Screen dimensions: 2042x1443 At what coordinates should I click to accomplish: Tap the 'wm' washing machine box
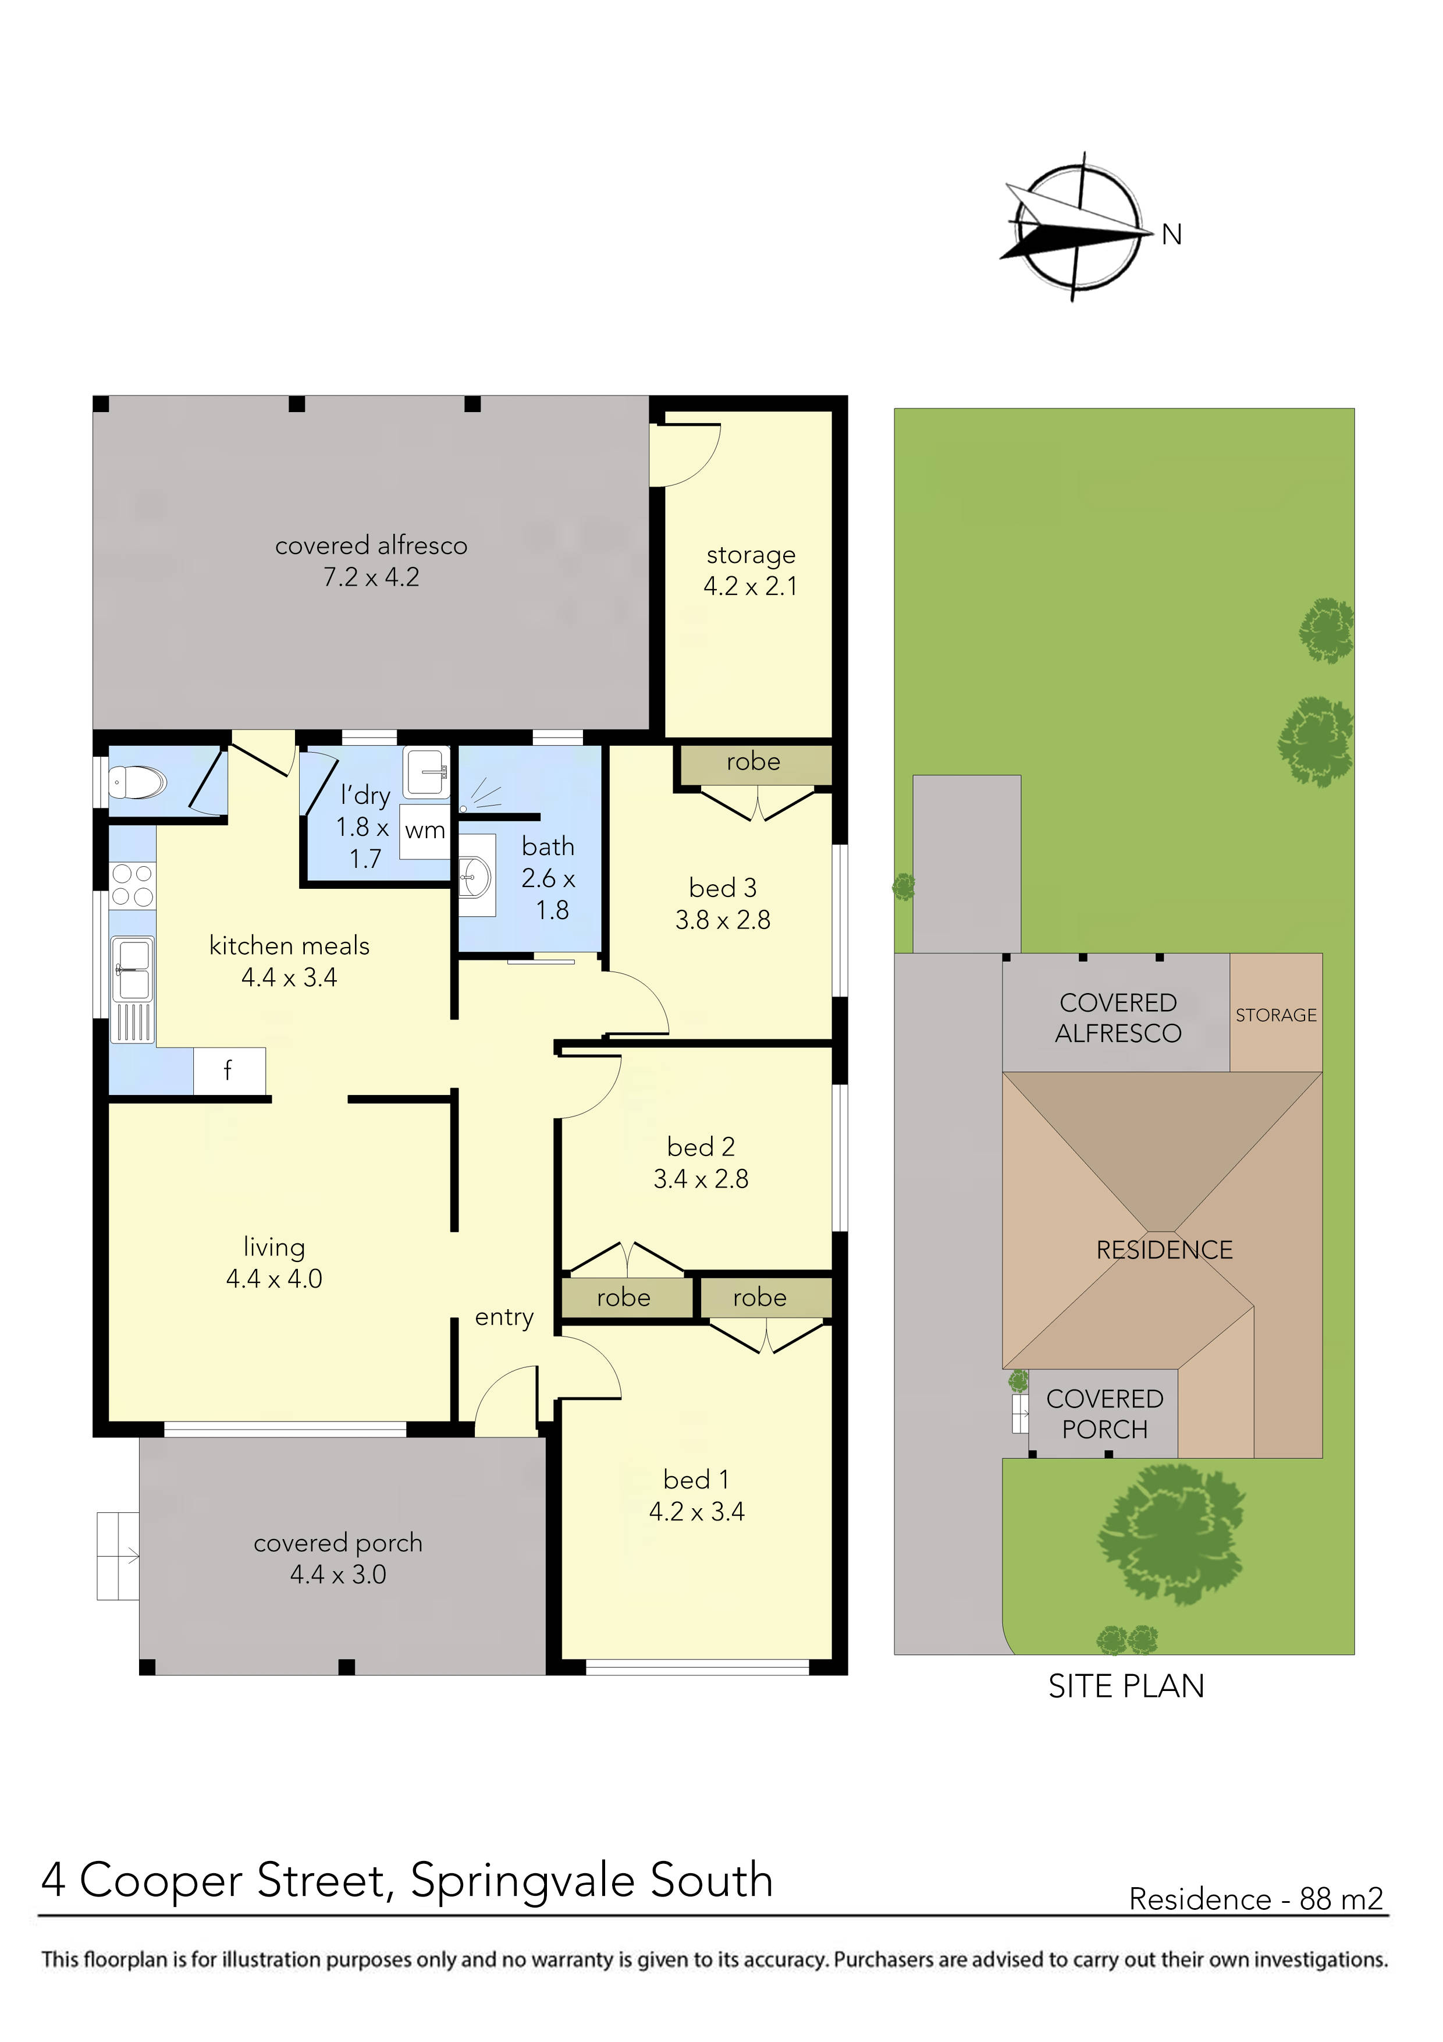pos(424,831)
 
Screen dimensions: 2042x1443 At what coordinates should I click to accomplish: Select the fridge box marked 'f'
pos(229,1071)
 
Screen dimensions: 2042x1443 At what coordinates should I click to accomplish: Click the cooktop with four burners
pos(133,886)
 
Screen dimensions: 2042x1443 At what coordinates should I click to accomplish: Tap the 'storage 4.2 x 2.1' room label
pos(751,570)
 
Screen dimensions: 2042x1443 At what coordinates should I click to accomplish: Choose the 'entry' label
pos(504,1317)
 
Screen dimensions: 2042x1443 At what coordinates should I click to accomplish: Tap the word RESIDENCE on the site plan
pos(1164,1250)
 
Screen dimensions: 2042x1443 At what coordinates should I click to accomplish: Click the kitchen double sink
pos(131,969)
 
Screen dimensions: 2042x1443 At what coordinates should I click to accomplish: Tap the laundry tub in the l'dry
pos(426,772)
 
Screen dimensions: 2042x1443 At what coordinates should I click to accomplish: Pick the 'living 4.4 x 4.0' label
pos(274,1263)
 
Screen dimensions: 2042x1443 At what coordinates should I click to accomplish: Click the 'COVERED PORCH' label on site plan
pos(1104,1414)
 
